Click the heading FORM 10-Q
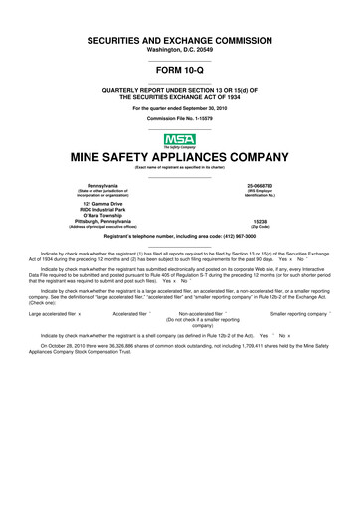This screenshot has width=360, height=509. (179, 72)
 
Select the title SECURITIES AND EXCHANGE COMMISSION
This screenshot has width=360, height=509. (179, 36)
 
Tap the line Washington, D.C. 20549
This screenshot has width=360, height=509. (179, 48)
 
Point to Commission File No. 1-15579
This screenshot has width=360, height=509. (179, 117)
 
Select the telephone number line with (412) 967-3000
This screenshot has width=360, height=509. (179, 236)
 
